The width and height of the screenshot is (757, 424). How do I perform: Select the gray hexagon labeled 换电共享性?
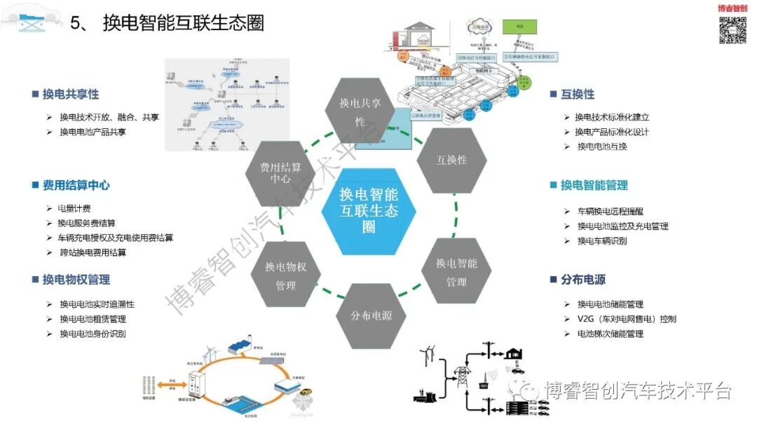click(x=360, y=111)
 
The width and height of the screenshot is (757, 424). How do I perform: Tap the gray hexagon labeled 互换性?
click(x=451, y=160)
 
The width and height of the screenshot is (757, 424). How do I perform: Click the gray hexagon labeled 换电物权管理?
click(x=285, y=276)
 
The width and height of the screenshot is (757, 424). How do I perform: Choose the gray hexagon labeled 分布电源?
click(x=371, y=315)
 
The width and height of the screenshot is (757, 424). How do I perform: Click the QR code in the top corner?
click(x=733, y=30)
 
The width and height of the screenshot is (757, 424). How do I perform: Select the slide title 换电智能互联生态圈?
click(x=184, y=23)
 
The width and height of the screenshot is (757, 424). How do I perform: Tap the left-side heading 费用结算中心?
click(x=76, y=185)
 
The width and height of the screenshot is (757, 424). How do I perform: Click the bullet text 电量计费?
click(x=74, y=208)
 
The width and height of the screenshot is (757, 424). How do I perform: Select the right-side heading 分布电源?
click(x=582, y=280)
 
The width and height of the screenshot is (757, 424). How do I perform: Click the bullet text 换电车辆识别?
click(x=601, y=241)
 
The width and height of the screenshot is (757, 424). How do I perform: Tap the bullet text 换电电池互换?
click(x=601, y=146)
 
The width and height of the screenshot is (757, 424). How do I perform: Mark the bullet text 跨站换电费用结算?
click(x=93, y=252)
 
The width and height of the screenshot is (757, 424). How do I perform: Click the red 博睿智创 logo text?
click(x=732, y=8)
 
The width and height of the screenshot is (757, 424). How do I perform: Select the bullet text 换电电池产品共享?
click(x=93, y=132)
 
